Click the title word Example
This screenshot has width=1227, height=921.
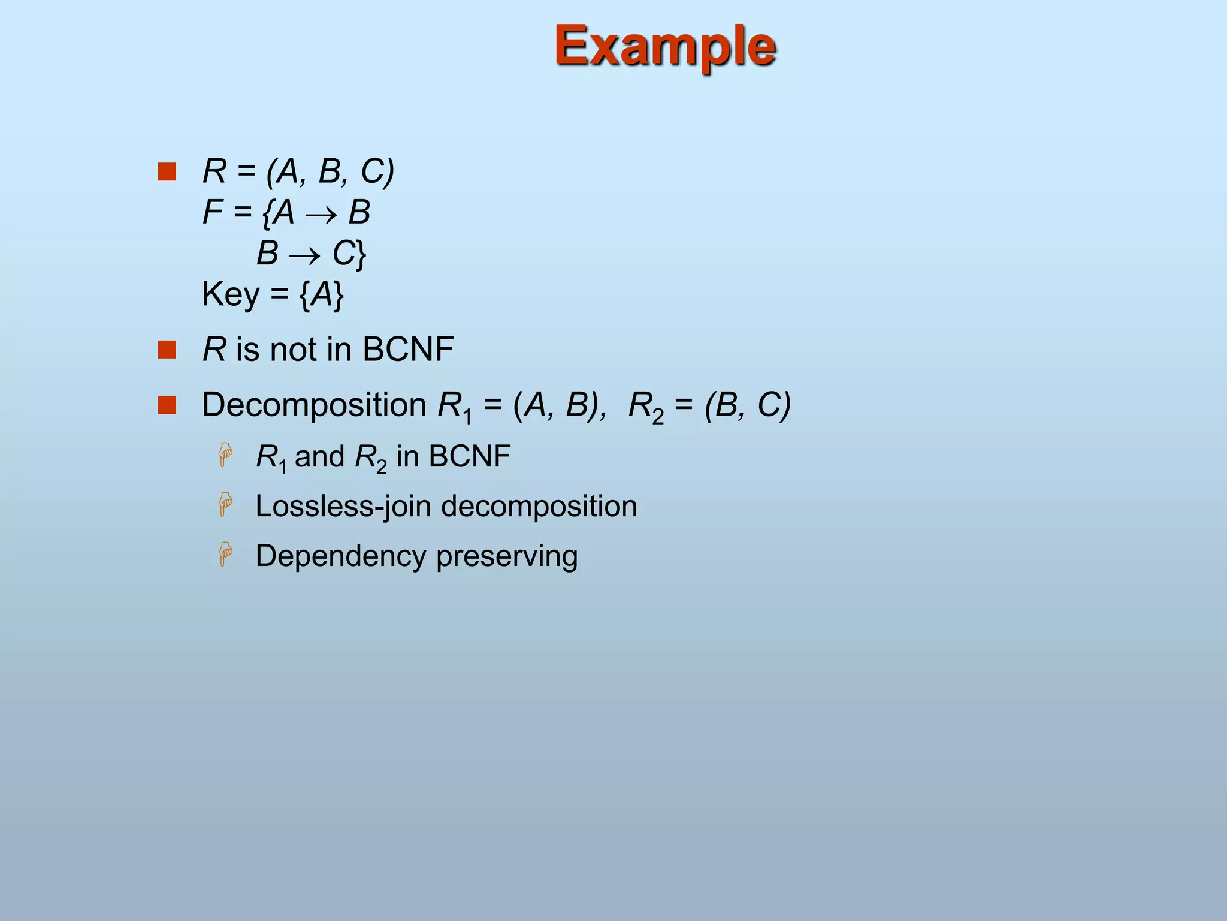[665, 46]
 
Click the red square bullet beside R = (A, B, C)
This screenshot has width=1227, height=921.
[167, 171]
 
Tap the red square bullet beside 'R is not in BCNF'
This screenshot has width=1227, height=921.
[167, 350]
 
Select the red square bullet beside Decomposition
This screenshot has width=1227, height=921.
[167, 405]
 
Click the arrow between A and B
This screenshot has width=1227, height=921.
[321, 215]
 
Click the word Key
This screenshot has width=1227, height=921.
[231, 294]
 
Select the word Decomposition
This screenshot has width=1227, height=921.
[314, 405]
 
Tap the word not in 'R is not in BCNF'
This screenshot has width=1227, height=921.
[294, 350]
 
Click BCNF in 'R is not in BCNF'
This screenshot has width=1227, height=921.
[408, 350]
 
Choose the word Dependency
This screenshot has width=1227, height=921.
[340, 556]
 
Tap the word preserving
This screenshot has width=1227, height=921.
[507, 556]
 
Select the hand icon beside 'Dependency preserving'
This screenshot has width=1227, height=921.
[225, 553]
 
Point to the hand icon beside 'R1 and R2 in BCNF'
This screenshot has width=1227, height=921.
[225, 455]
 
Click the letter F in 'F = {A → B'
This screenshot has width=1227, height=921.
[213, 212]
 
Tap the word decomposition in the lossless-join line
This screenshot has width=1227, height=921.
[539, 507]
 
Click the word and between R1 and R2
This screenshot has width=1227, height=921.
[319, 457]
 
